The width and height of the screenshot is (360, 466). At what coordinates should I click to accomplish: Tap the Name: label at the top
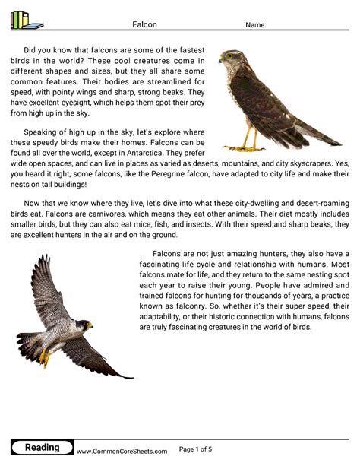[x=256, y=25]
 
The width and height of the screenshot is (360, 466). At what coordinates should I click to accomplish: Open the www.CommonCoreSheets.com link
[x=122, y=451]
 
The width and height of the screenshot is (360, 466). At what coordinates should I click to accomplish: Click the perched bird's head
[x=230, y=58]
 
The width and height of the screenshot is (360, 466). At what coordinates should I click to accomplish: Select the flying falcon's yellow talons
[x=46, y=356]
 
